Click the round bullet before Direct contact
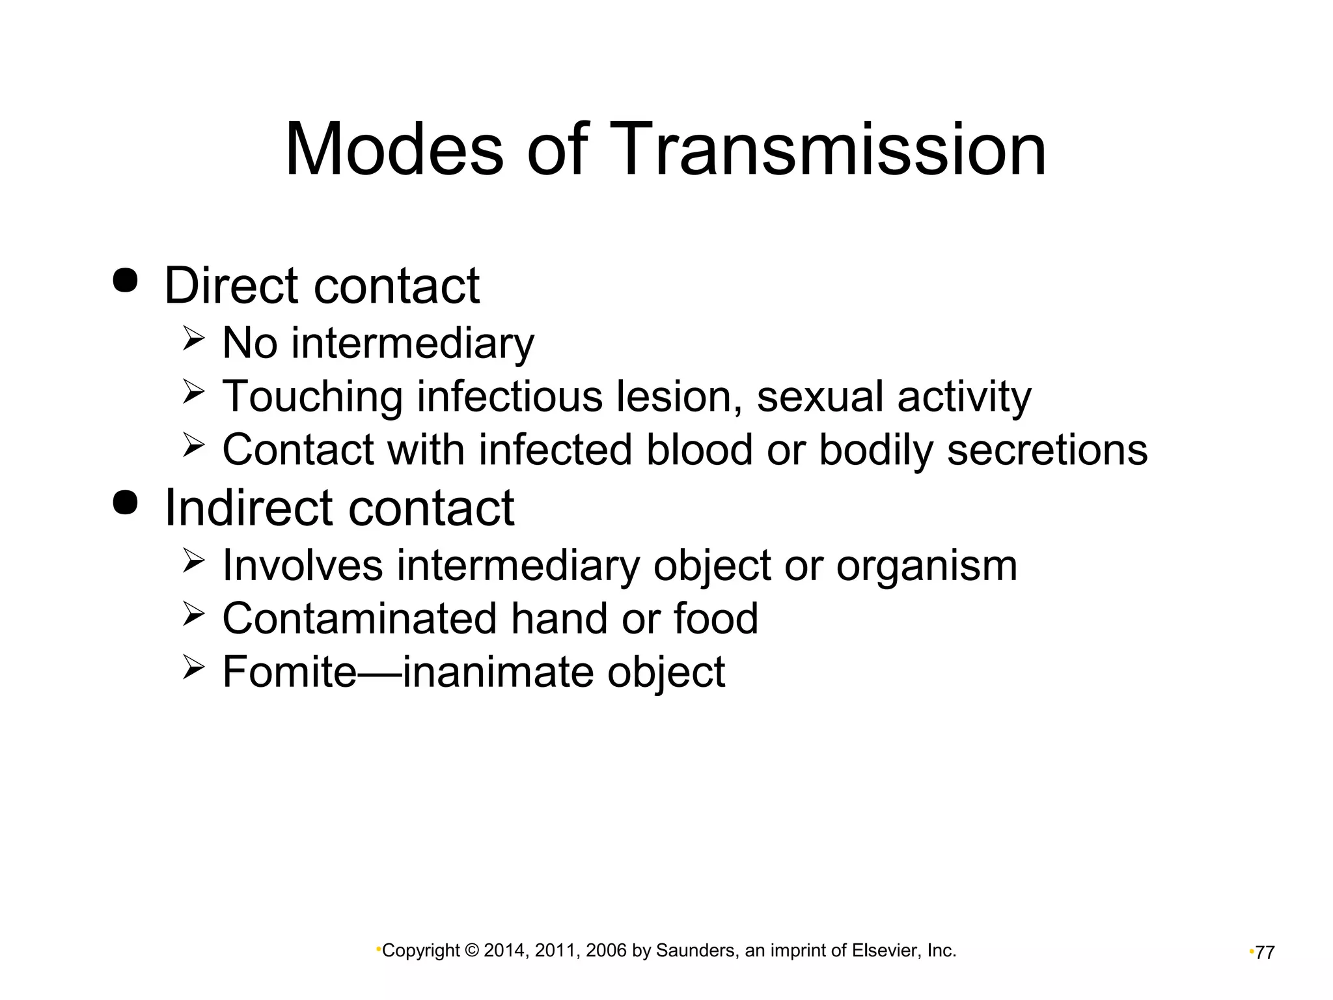coord(125,281)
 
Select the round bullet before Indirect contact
coord(125,502)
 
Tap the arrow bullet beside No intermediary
coord(194,339)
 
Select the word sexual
coord(819,396)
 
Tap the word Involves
coord(302,565)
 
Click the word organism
coord(926,566)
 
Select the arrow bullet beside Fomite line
coord(194,668)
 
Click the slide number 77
coord(1265,952)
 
